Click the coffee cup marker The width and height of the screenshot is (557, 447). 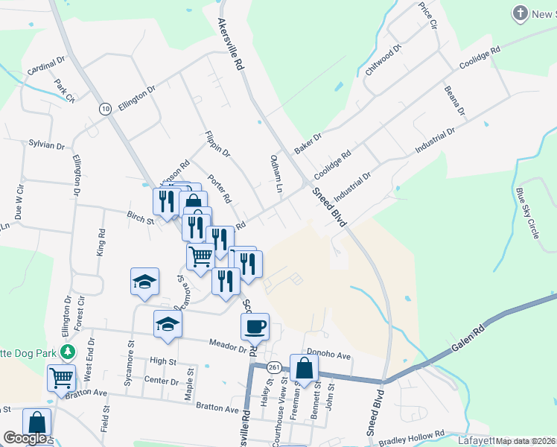tap(255, 326)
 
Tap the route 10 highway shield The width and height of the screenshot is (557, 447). tap(105, 109)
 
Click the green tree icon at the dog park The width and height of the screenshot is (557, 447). tap(69, 351)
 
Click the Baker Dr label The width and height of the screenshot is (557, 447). tap(307, 143)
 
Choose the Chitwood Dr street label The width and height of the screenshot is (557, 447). tap(383, 60)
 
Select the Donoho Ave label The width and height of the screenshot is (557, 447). tap(328, 356)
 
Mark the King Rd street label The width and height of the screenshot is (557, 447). tap(101, 242)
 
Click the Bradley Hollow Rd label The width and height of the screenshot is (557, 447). tap(411, 438)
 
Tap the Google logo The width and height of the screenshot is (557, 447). tap(24, 438)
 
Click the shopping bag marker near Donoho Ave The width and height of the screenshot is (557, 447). tap(304, 368)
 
